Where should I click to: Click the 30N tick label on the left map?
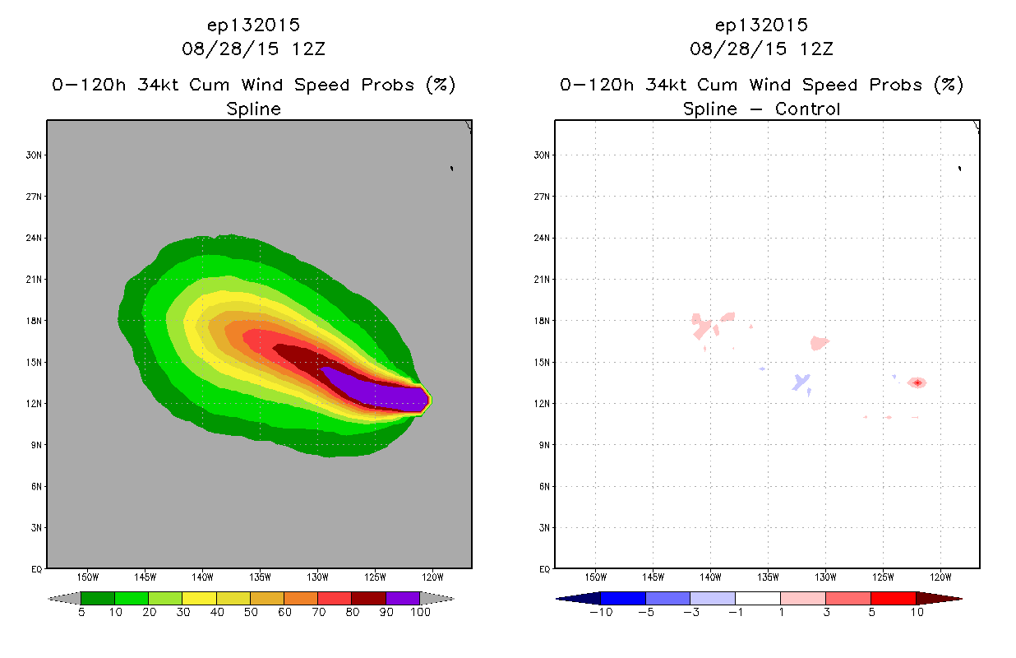[34, 155]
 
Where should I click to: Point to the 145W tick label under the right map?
[653, 577]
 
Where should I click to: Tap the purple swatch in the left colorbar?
[403, 598]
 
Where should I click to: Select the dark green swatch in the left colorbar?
[98, 598]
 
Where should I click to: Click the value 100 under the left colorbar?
[420, 612]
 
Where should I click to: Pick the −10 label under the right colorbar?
[601, 612]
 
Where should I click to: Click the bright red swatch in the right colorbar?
[894, 598]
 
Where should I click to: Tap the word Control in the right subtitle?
[807, 109]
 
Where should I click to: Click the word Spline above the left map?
[253, 109]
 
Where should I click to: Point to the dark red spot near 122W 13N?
[917, 383]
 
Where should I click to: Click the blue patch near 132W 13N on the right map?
[801, 382]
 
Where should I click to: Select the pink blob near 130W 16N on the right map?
[820, 343]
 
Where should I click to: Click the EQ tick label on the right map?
[544, 569]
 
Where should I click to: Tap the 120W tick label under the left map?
[432, 577]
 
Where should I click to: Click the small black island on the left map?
[452, 169]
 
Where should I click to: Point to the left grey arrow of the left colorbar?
[64, 598]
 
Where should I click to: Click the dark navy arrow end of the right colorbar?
[578, 598]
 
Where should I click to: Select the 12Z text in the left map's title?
[308, 49]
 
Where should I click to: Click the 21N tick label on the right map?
[542, 280]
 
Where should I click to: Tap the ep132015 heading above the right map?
[761, 25]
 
